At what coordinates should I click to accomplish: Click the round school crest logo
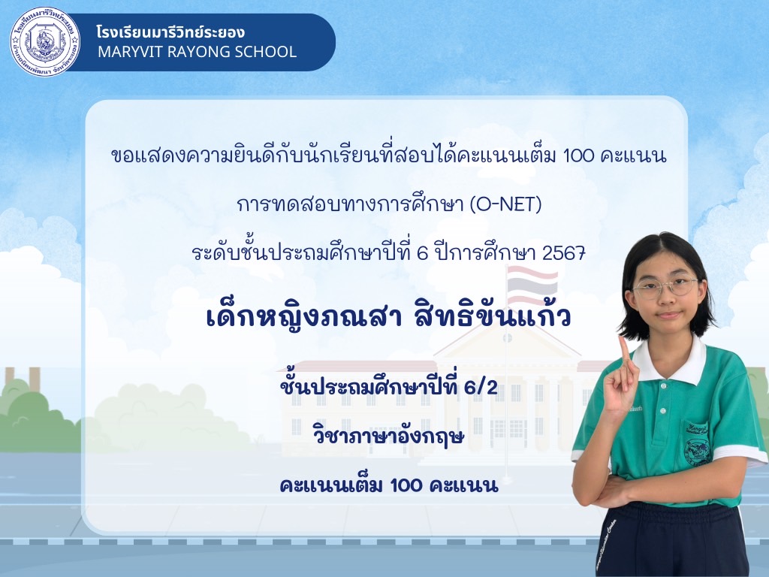point(45,42)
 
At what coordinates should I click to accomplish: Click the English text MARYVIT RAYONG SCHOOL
point(198,52)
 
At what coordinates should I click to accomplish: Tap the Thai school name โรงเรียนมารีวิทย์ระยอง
point(170,32)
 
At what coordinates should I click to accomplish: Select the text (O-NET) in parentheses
point(505,204)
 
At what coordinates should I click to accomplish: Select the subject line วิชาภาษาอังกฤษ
point(388,436)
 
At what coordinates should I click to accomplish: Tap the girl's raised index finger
point(624,349)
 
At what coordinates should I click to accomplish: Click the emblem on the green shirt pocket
point(697,452)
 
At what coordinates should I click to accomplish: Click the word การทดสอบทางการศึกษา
point(351,204)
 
